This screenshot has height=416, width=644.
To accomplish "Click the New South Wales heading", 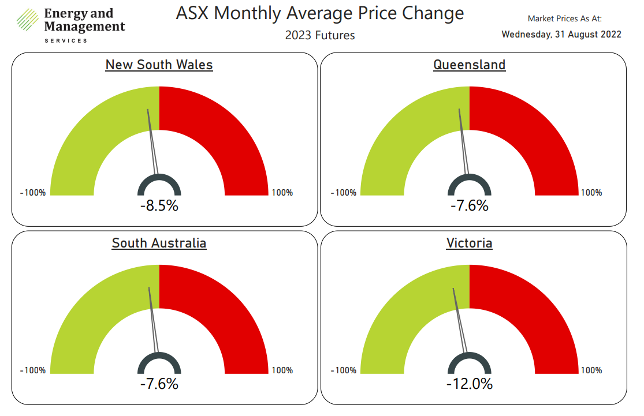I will coord(159,65).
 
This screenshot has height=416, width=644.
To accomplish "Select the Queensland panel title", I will coord(469,65).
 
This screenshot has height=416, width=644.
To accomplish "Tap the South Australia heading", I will coord(159,243).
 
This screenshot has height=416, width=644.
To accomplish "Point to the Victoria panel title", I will coord(469,243).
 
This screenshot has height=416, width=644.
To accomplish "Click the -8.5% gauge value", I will coord(159,205).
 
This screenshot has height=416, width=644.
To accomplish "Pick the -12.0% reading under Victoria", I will coord(469,383).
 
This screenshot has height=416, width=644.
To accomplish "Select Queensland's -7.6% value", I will coord(469,205).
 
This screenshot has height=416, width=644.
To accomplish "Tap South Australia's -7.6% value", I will coord(159,383).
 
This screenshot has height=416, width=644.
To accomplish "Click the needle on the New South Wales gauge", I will coord(152,141).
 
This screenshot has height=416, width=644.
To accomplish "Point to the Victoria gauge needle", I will coord(460,320).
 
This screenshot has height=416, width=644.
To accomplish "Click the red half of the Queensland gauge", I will coord(537,133).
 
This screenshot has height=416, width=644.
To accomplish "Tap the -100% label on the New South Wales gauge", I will coord(33,193).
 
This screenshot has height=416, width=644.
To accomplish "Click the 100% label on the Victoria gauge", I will coord(591,370).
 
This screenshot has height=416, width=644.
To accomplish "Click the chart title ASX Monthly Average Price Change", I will coord(319,13).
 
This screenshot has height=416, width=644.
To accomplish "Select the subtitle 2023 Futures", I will coord(319,35).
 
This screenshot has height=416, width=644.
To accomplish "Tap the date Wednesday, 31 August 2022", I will coord(561,34).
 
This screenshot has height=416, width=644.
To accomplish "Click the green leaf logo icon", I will coord(27,19).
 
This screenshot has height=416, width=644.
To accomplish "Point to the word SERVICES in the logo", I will coord(66,40).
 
